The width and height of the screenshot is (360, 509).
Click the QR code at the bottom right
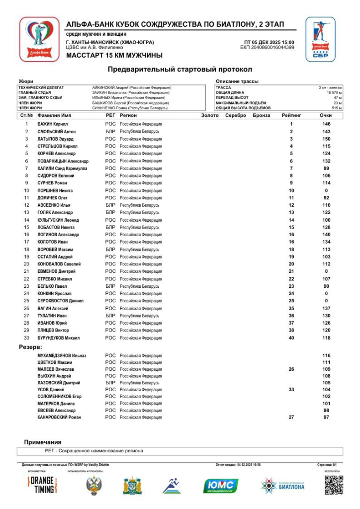(x=334, y=485)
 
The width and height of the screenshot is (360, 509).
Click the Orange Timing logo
(x=41, y=485)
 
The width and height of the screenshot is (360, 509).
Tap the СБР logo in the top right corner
(x=320, y=39)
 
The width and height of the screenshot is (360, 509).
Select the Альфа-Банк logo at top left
(x=39, y=39)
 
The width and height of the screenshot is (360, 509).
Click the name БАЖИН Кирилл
(x=53, y=124)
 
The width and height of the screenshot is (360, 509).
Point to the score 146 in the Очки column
(x=326, y=124)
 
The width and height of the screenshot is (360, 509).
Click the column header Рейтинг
(x=291, y=115)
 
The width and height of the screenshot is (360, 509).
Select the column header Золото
(x=210, y=115)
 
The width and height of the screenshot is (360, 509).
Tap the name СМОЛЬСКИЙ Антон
(x=57, y=131)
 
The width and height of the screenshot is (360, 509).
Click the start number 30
(x=27, y=338)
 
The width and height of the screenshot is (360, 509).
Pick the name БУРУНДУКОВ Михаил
(x=59, y=338)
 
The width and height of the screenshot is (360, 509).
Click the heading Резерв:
(x=30, y=346)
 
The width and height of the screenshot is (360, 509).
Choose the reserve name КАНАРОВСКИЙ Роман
(x=59, y=418)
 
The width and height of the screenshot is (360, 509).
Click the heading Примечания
(x=43, y=442)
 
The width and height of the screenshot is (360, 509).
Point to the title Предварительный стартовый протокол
(x=180, y=70)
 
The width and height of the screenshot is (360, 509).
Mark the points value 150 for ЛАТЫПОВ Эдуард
(x=326, y=139)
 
